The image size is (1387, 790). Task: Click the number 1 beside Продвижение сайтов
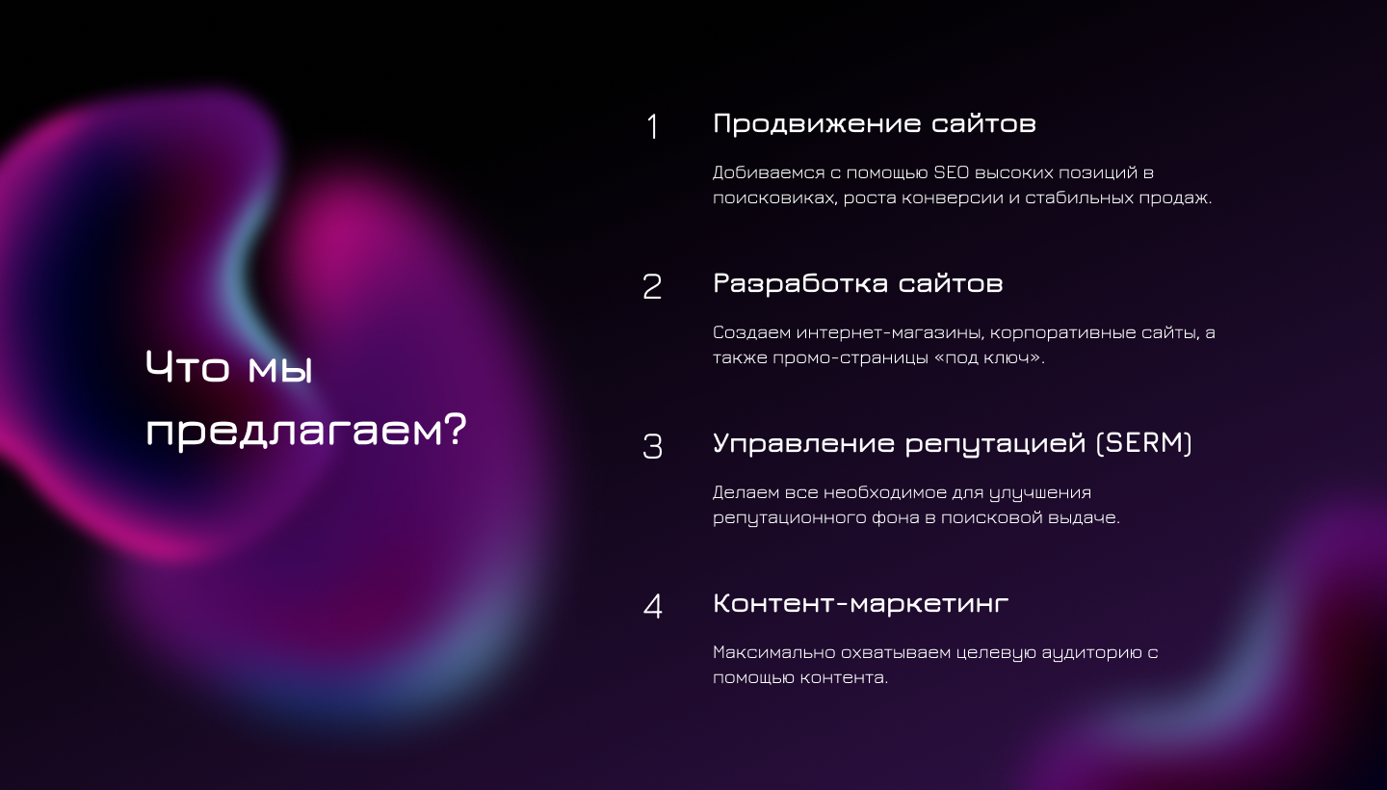click(652, 127)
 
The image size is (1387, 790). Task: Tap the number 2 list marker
click(652, 287)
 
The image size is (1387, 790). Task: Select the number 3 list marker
click(653, 446)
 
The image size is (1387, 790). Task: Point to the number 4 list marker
click(653, 606)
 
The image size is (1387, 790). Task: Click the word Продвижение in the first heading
click(816, 123)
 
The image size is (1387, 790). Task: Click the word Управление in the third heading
click(804, 443)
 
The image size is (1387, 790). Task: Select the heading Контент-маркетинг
click(861, 603)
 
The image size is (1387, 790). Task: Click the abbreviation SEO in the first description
click(951, 172)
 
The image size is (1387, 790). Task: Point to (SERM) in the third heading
click(1143, 443)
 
